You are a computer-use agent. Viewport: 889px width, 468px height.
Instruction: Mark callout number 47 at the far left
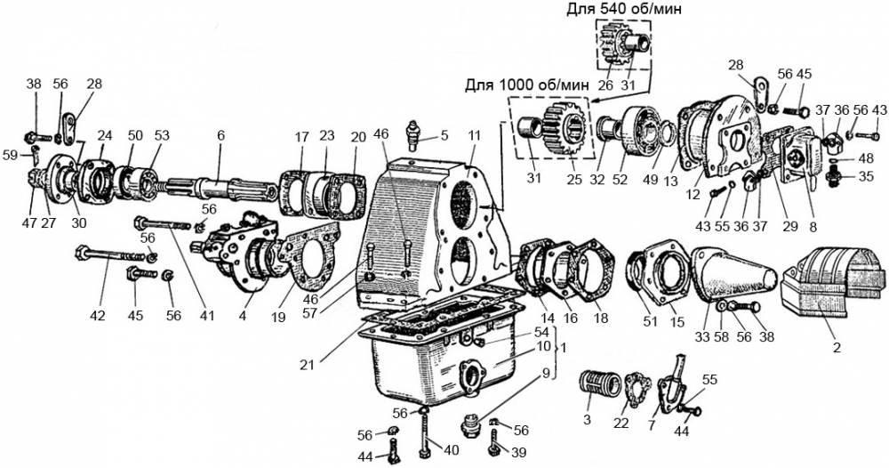click(31, 223)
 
